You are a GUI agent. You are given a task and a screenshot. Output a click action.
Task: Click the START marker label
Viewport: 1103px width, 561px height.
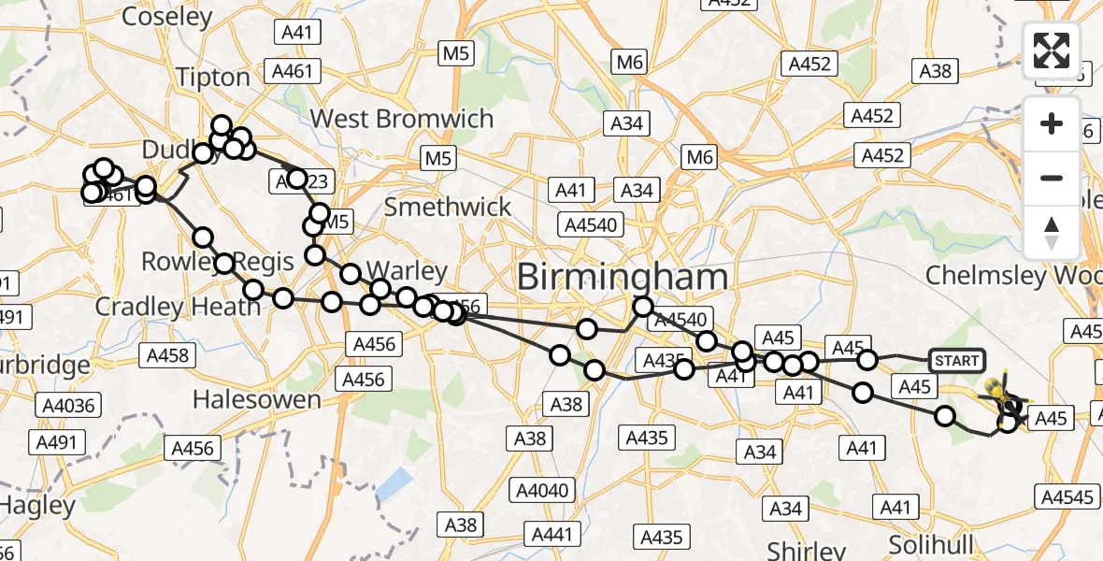(x=956, y=361)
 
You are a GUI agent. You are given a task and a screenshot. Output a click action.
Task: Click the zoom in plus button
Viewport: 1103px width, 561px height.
(x=1052, y=124)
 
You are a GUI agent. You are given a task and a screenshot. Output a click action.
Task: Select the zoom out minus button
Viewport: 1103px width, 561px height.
(x=1052, y=178)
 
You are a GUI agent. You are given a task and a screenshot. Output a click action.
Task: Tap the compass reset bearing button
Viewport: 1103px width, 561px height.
(x=1052, y=232)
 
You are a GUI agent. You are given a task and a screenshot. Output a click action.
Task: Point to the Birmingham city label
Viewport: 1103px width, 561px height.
(x=622, y=277)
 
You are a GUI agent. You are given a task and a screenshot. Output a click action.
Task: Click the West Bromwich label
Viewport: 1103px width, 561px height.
(x=402, y=119)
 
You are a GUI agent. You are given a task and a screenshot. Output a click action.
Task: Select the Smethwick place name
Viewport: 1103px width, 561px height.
(x=449, y=207)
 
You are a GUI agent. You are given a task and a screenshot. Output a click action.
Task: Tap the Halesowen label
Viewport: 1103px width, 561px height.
(x=256, y=400)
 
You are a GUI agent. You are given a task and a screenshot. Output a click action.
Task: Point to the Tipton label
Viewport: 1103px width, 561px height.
(x=213, y=78)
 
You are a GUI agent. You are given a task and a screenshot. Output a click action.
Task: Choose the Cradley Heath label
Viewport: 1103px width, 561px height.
(x=179, y=307)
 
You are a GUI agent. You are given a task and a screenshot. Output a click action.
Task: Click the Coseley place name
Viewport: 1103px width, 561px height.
(x=167, y=17)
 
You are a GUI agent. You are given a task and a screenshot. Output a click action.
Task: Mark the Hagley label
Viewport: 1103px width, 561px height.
(x=37, y=506)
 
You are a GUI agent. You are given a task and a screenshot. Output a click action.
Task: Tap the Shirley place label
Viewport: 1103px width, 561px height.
(x=806, y=548)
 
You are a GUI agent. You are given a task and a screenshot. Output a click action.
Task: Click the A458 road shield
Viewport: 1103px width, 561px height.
(x=168, y=355)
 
